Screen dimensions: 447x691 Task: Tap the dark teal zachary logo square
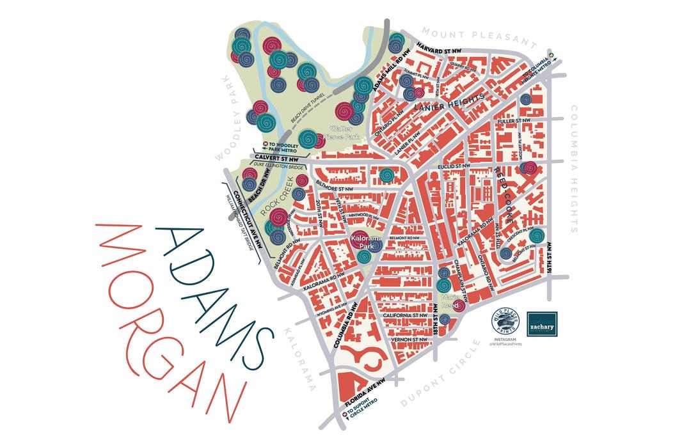[542, 325]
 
